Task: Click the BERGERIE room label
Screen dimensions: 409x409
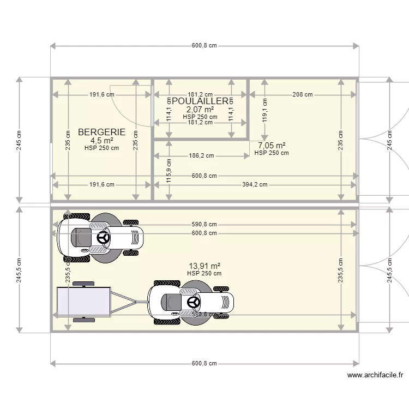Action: click(x=101, y=132)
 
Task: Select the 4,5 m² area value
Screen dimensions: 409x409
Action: click(x=101, y=140)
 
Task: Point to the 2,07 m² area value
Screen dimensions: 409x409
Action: click(x=200, y=110)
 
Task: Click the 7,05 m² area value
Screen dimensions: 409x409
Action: click(x=272, y=145)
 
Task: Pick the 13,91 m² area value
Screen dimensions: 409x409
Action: click(x=204, y=266)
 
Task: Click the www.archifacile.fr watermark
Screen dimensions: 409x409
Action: click(x=376, y=375)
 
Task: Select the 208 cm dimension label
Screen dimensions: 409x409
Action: click(x=302, y=94)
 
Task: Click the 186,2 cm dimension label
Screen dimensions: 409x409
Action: click(x=201, y=155)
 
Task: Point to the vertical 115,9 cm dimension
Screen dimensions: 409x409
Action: click(x=169, y=170)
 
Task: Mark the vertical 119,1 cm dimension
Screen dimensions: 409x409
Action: click(x=264, y=109)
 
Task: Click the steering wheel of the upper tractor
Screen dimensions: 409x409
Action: click(x=103, y=238)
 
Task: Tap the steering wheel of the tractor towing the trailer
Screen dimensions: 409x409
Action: click(x=193, y=302)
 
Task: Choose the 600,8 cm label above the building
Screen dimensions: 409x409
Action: click(x=204, y=46)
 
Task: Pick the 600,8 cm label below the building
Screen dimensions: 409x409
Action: click(x=204, y=364)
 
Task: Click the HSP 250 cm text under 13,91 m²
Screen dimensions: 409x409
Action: click(x=204, y=273)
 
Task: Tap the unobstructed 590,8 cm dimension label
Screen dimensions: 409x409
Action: click(x=204, y=224)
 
